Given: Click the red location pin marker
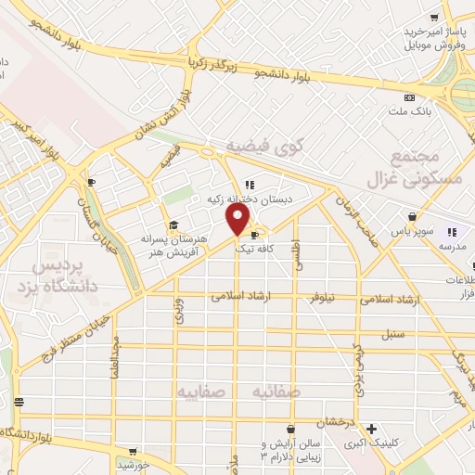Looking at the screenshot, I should (238, 219).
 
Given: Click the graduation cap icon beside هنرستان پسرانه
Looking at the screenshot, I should (173, 225).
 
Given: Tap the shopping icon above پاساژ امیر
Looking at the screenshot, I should (434, 18).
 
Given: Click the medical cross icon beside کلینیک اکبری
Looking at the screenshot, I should (371, 430).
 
